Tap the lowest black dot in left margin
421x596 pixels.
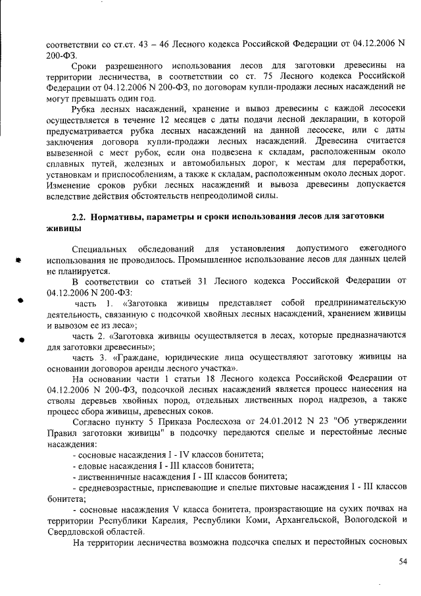click(21, 341)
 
